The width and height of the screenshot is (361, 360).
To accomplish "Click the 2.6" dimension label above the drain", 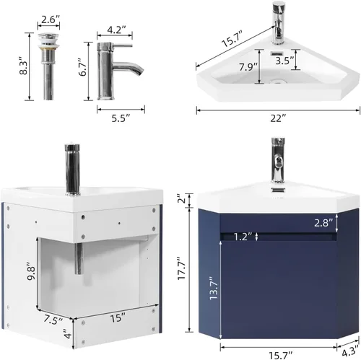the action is [50, 19].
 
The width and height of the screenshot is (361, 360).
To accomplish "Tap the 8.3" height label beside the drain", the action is [24, 66].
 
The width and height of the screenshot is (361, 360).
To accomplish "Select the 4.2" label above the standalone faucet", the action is [116, 30].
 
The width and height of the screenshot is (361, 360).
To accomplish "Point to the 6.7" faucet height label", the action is [83, 67].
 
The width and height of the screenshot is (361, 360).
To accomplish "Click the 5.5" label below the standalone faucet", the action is [121, 118].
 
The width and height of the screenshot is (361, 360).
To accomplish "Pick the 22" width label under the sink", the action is [278, 118].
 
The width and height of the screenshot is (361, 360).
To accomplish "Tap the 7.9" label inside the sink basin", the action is [248, 66].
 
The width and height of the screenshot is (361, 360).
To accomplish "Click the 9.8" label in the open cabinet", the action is [32, 271].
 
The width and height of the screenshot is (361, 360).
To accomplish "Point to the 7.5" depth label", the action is [53, 320].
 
